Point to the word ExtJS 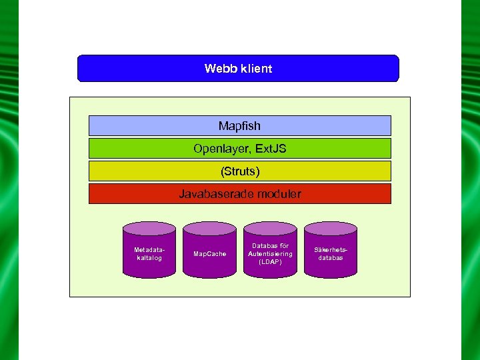click(271, 149)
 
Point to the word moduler click(279, 194)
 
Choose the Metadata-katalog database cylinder click(149, 252)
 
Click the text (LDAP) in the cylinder click(270, 262)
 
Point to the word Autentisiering click(270, 254)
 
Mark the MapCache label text click(209, 254)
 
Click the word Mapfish click(239, 126)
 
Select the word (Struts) click(240, 171)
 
